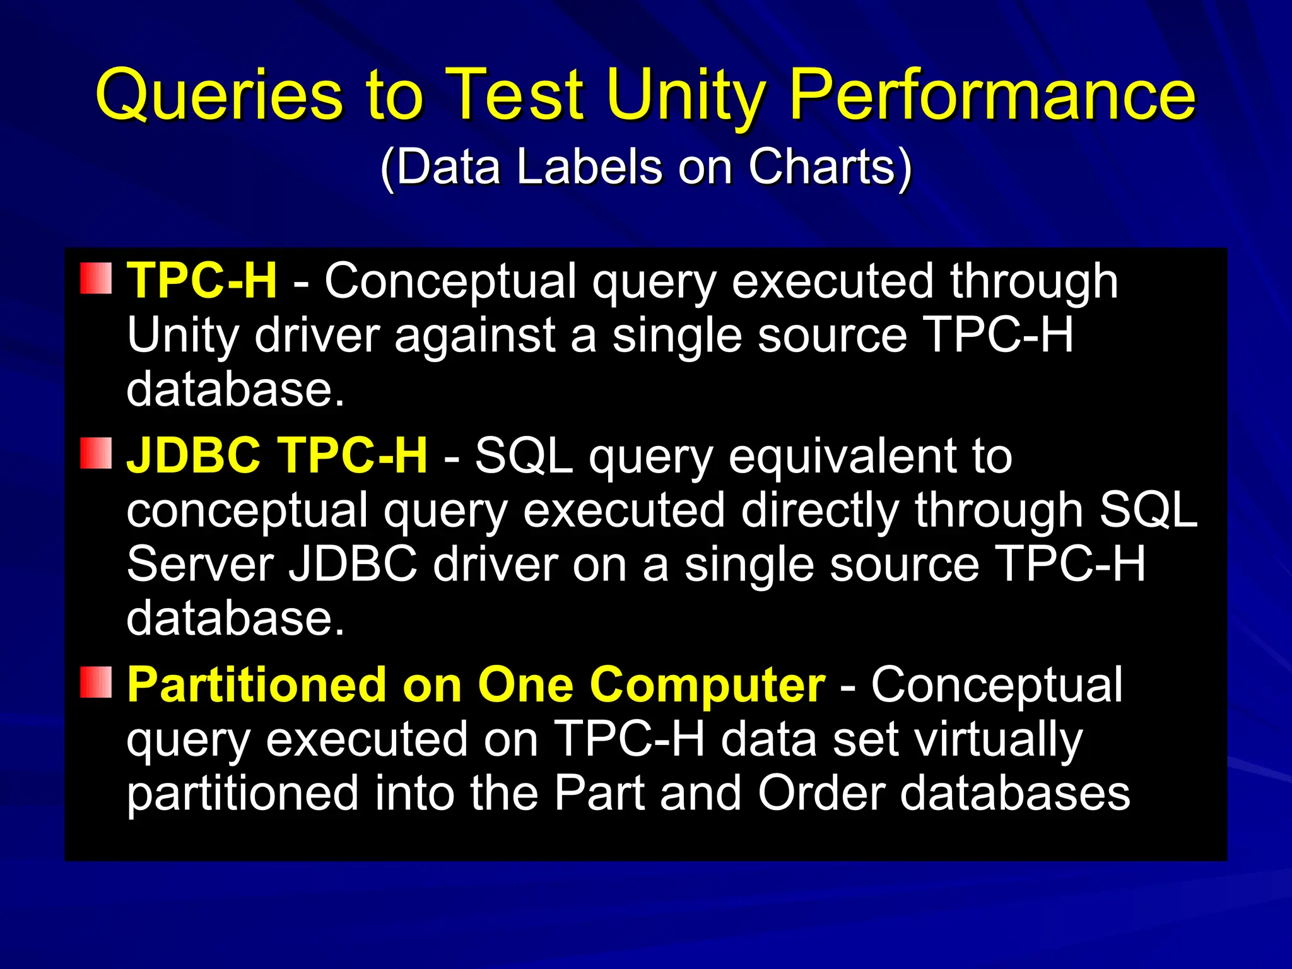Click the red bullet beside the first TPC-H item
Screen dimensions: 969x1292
[x=96, y=279]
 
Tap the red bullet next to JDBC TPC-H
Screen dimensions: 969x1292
[x=96, y=454]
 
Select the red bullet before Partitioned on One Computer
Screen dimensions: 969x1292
[x=96, y=683]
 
